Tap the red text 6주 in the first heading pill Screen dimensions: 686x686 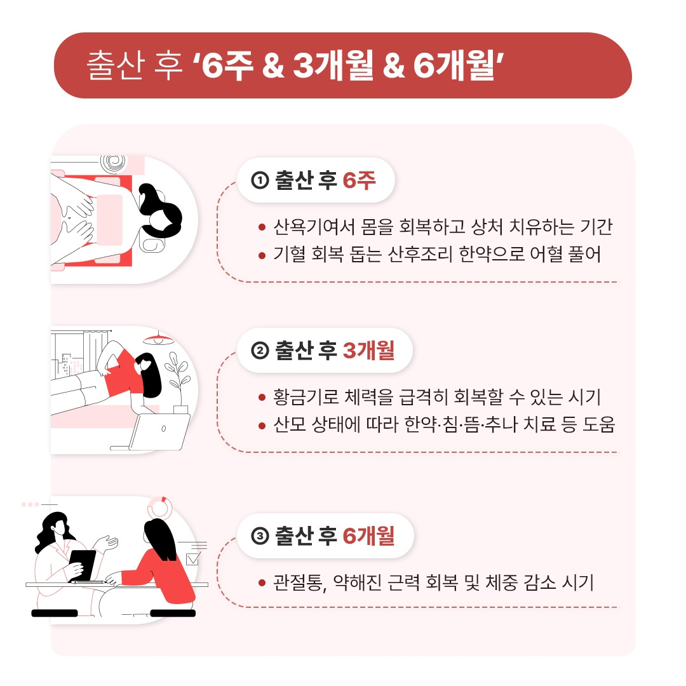pyautogui.click(x=359, y=180)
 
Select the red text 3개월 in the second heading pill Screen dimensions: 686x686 pyautogui.click(x=368, y=350)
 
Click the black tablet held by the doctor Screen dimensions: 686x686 pyautogui.click(x=82, y=565)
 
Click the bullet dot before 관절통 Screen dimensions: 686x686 pyautogui.click(x=262, y=582)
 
